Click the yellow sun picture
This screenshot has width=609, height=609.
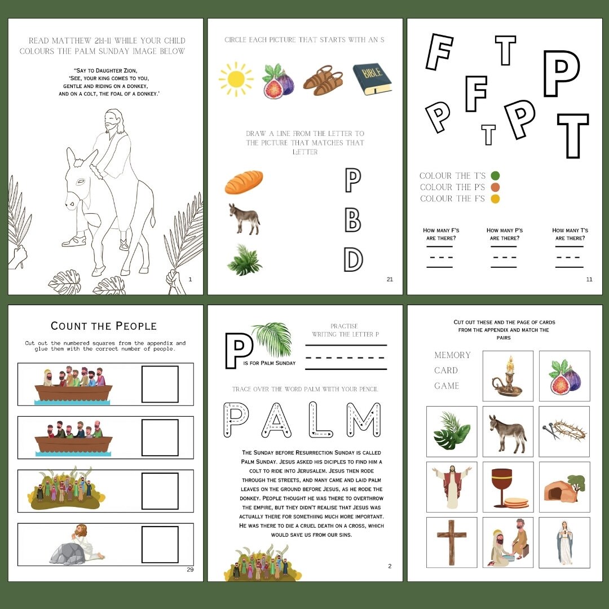click(x=236, y=79)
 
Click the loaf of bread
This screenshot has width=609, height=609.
click(x=244, y=182)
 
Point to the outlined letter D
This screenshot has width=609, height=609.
click(x=353, y=259)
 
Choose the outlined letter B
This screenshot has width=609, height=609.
click(x=352, y=219)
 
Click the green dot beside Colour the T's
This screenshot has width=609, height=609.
click(x=495, y=176)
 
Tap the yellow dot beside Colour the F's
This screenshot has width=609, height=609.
click(x=495, y=198)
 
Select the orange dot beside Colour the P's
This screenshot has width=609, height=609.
click(x=495, y=187)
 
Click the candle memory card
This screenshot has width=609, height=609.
click(x=507, y=376)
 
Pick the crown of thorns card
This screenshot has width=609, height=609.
click(x=564, y=431)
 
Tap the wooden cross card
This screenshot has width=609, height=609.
click(x=451, y=542)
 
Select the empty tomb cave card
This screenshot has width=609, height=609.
click(x=564, y=487)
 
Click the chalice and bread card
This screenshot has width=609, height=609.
click(x=507, y=487)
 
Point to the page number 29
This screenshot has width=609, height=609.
click(x=190, y=570)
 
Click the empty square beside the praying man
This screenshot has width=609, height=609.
click(x=160, y=544)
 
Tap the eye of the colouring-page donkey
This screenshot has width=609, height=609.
click(x=81, y=182)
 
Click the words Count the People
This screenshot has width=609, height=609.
click(x=104, y=326)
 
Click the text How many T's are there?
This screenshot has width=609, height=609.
click(x=570, y=234)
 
